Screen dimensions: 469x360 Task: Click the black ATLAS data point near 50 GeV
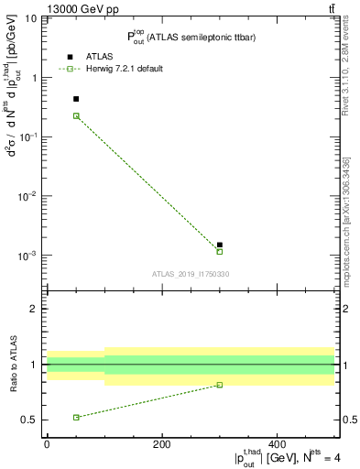[76, 99]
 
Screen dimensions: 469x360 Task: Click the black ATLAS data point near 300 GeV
[220, 245]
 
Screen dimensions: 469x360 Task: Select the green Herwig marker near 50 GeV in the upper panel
[76, 115]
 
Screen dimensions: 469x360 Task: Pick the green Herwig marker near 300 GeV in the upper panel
[220, 251]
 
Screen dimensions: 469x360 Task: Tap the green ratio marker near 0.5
[76, 417]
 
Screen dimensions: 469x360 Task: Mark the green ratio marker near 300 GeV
[220, 385]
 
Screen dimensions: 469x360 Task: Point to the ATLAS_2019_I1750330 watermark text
[191, 274]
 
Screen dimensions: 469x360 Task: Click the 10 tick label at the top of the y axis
[30, 18]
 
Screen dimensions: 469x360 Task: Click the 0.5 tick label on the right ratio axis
[348, 420]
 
